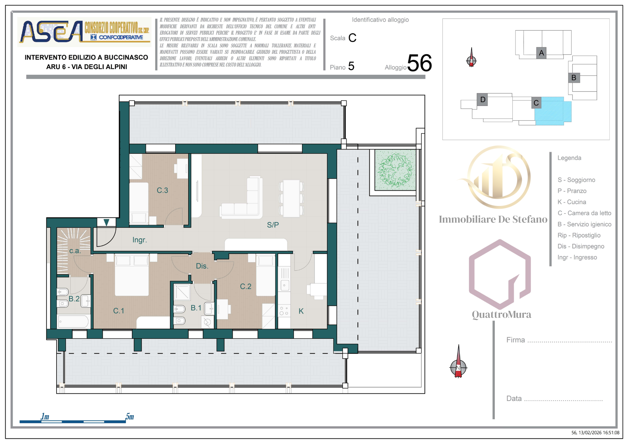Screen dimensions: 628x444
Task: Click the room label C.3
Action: [162, 190]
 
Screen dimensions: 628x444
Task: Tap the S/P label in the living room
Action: [273, 225]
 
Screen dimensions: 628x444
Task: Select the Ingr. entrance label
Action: [140, 240]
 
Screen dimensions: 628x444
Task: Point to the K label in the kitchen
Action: [301, 311]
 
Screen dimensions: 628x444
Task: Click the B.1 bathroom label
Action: [196, 308]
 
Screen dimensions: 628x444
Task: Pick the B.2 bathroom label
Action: [74, 299]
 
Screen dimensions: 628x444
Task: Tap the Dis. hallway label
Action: [202, 266]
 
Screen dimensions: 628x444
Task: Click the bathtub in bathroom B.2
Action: [73, 322]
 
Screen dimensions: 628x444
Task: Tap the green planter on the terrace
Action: [395, 170]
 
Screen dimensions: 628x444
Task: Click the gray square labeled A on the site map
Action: [541, 53]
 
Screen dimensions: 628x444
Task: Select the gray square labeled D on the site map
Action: [482, 100]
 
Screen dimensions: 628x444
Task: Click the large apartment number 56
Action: [420, 63]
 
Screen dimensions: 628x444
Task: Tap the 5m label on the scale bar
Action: [130, 417]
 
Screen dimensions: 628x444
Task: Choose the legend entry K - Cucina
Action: [572, 202]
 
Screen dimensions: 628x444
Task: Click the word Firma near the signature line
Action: [516, 340]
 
